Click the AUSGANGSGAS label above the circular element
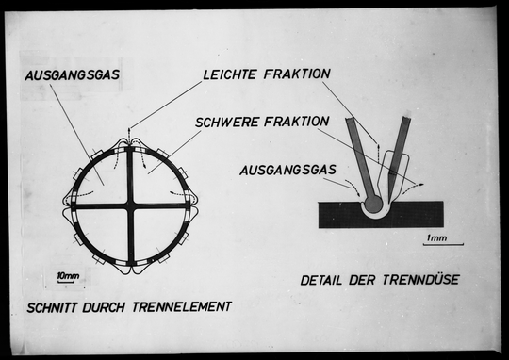[x=72, y=74]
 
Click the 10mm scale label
[x=68, y=275]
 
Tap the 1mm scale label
[x=435, y=237]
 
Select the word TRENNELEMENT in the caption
[x=184, y=306]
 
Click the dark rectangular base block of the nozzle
[x=339, y=217]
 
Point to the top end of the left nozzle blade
[x=352, y=121]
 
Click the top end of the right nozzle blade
[x=406, y=120]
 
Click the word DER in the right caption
[x=365, y=280]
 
